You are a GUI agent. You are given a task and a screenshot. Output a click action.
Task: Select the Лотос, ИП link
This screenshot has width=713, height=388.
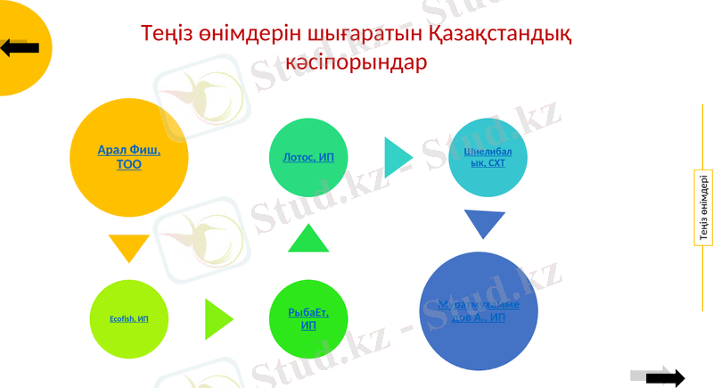[302, 158]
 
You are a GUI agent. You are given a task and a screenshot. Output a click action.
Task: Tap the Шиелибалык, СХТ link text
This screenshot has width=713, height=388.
[482, 157]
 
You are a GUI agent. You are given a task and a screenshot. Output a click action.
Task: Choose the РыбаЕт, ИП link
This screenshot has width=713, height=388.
[308, 318]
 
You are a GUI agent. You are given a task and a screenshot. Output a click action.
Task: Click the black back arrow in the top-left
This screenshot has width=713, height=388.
[20, 47]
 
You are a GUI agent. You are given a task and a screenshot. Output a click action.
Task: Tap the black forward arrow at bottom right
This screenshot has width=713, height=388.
[665, 377]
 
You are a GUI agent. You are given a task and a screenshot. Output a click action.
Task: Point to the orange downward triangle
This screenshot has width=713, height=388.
[128, 247]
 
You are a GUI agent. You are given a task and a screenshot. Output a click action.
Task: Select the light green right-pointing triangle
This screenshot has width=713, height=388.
[217, 318]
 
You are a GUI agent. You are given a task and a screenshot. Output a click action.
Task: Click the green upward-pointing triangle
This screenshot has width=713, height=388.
[308, 240]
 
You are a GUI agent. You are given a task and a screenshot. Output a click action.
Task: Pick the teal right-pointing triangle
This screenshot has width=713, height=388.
[397, 156]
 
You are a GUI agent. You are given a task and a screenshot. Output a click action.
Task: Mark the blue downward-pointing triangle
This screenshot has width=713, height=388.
[484, 223]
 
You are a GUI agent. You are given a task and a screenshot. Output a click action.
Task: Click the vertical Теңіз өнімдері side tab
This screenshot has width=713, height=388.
[702, 208]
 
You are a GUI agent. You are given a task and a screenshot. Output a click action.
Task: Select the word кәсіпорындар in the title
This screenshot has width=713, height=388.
[356, 64]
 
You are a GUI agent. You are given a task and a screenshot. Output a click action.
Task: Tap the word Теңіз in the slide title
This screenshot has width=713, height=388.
[169, 35]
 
